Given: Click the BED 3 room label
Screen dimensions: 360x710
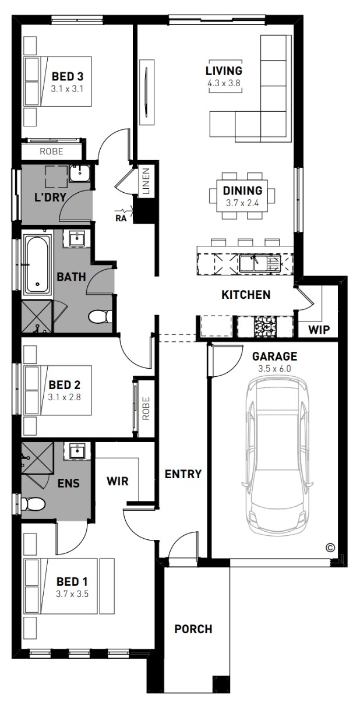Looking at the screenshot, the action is click(68, 76).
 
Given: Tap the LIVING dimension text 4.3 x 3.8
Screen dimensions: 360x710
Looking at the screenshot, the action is click(224, 83).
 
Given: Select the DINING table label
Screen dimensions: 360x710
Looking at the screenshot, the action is click(243, 190).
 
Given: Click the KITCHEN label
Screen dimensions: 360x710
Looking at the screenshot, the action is click(246, 295).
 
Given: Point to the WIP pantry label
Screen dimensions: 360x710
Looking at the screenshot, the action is click(319, 330).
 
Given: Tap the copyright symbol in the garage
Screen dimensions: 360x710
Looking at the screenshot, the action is click(330, 547).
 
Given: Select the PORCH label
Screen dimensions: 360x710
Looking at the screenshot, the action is click(193, 629).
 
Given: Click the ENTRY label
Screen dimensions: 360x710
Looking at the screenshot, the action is click(183, 474).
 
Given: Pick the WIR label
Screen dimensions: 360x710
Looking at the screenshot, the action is click(118, 481).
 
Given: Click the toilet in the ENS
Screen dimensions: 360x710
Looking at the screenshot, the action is click(33, 504).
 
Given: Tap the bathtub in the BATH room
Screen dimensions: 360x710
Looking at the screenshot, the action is click(38, 265).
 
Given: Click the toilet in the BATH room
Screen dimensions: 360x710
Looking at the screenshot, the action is click(100, 316).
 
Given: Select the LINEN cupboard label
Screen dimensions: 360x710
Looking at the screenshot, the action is click(146, 181).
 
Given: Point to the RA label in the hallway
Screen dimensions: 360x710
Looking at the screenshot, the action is click(121, 218).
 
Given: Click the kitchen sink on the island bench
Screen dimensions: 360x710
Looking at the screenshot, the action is click(260, 264).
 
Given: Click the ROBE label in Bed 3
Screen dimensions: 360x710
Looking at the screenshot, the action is click(51, 151).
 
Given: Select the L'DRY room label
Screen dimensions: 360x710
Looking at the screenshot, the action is click(50, 197).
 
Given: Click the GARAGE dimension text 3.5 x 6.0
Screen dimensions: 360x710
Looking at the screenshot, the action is click(274, 369).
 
